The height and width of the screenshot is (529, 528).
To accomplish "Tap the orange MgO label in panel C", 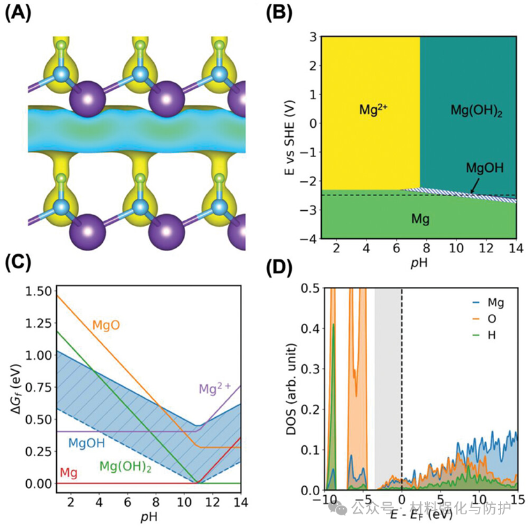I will click(107, 325).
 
